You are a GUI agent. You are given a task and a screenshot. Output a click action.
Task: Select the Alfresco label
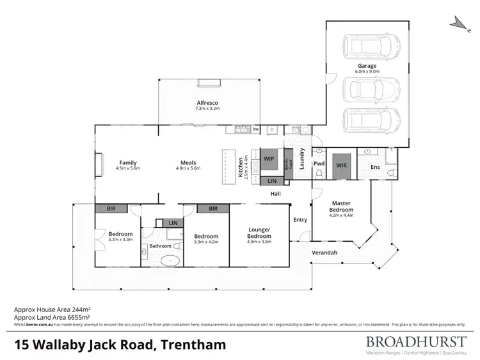pos(207,106)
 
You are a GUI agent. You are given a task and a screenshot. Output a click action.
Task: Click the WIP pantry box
pos(269,158)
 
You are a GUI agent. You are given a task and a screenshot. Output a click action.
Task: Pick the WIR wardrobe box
pos(341,164)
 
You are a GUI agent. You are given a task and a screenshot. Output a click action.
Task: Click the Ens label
pos(376,168)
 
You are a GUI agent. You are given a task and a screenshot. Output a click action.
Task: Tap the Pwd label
pos(318,163)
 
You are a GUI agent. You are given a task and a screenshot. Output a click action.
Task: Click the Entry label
pos(300,220)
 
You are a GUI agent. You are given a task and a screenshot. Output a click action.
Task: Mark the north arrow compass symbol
pos(458,23)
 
